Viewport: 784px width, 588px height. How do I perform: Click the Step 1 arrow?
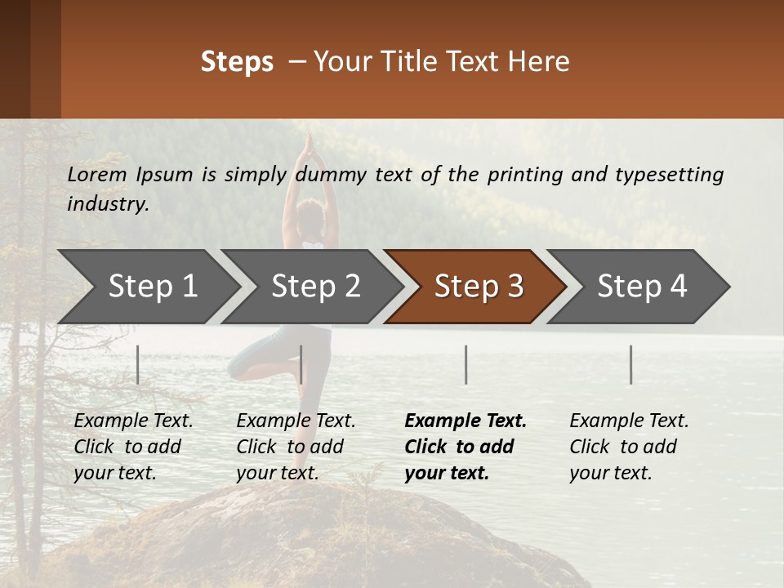coord(152,287)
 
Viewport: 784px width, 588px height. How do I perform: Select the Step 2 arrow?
coord(315,287)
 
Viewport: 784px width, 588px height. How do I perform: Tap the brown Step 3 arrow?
coord(479,287)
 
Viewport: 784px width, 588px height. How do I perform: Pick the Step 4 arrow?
coord(642,287)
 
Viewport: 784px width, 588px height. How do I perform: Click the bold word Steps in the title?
coord(237,62)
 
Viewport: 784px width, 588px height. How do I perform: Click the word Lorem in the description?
coord(97,174)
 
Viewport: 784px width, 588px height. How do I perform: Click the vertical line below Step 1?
coord(138,364)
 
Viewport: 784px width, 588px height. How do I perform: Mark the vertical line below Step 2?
coord(301,364)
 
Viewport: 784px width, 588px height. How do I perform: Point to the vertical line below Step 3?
coord(465,364)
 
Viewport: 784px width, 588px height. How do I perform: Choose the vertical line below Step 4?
coord(630,364)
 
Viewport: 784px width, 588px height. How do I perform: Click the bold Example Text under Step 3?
coord(465,421)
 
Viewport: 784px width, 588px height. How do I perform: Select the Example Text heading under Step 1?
coord(133,421)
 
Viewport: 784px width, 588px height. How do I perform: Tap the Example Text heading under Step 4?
coord(629,421)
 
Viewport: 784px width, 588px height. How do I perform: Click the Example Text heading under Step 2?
coord(296,421)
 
